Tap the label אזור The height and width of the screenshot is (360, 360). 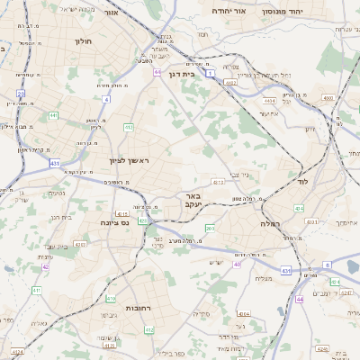pyautogui.click(x=111, y=13)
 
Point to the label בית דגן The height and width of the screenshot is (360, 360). pyautogui.click(x=182, y=74)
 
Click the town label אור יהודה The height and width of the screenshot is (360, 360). pyautogui.click(x=230, y=12)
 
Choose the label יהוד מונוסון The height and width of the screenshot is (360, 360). pyautogui.click(x=287, y=12)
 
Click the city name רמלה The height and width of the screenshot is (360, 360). pyautogui.click(x=271, y=222)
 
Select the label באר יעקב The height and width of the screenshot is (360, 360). pyautogui.click(x=190, y=199)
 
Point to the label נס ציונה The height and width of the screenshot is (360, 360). pyautogui.click(x=113, y=222)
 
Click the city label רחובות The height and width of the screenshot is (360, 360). pyautogui.click(x=137, y=308)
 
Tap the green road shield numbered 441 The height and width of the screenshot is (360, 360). pyautogui.click(x=54, y=115)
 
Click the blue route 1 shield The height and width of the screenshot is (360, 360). pyautogui.click(x=211, y=75)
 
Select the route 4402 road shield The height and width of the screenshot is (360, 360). pyautogui.click(x=230, y=82)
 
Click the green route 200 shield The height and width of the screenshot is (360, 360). pyautogui.click(x=209, y=229)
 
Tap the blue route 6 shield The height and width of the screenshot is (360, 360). pyautogui.click(x=328, y=265)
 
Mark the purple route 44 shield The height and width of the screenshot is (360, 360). pyautogui.click(x=298, y=298)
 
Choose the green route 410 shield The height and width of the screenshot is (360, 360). pyautogui.click(x=111, y=298)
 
